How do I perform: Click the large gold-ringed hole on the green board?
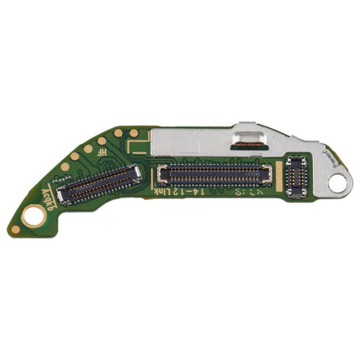33,215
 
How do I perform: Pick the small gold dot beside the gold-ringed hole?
15,229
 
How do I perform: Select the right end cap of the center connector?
267,174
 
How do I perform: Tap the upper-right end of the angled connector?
134,171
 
